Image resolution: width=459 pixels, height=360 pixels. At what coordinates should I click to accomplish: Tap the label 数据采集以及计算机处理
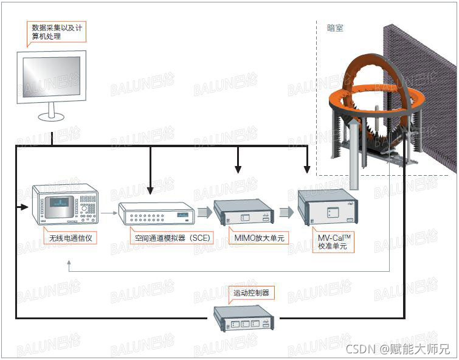point(56,31)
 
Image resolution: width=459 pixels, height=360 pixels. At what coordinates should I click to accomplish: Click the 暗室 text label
point(335,28)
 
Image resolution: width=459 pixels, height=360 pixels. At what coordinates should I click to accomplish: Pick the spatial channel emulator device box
point(156,213)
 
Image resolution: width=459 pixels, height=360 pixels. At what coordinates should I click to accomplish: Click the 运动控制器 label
point(251,293)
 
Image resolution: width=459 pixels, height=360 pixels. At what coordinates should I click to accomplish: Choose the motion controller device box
point(243,318)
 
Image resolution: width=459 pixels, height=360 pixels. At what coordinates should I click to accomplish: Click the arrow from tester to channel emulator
point(108,213)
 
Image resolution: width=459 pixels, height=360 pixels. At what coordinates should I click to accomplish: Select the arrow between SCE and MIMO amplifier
point(203,212)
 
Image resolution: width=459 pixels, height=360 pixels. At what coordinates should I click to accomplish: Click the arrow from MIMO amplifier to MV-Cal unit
point(286,212)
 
